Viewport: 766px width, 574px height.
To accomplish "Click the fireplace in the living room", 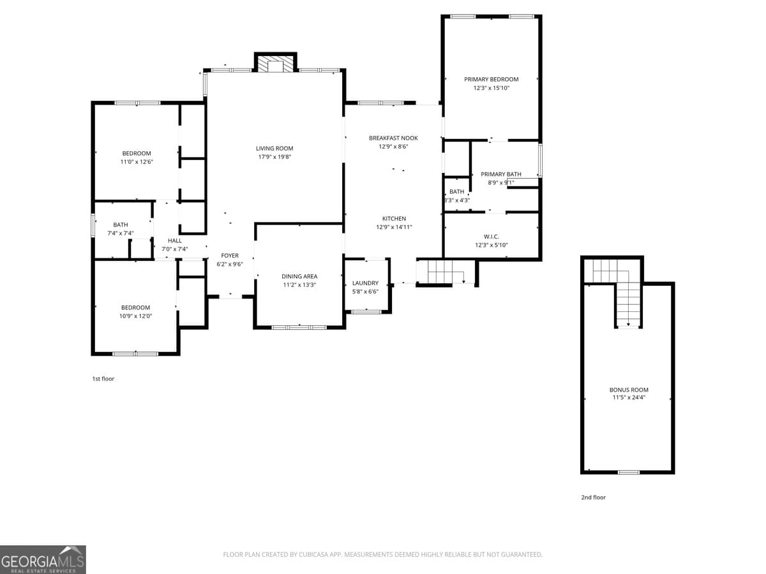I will (276, 64).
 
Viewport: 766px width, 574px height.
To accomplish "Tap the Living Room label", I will (274, 149).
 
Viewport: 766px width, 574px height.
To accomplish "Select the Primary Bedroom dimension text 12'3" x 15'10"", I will (491, 89).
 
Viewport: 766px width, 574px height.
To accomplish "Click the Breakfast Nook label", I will (393, 138).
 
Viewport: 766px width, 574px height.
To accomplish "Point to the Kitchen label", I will (394, 219).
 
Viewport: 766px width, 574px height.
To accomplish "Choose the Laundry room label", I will (365, 283).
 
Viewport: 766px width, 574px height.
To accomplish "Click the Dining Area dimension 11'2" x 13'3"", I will (299, 285).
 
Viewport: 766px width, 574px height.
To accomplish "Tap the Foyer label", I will (230, 256).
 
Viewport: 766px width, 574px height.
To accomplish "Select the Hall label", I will (175, 240).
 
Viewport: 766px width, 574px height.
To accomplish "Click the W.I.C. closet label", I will (491, 237).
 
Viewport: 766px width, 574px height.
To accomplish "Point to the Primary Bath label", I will (501, 174).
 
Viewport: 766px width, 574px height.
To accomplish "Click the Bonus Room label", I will (629, 390).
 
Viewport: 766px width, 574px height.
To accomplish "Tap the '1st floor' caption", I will (103, 379).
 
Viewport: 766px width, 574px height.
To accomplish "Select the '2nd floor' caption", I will (593, 497).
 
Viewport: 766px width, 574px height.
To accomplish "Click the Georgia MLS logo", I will (43, 559).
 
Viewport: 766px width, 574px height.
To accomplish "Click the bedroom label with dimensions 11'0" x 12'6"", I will (137, 153).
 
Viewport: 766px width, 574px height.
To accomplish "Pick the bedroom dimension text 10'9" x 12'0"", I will (136, 316).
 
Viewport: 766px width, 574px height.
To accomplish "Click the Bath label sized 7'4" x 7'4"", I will (121, 224).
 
